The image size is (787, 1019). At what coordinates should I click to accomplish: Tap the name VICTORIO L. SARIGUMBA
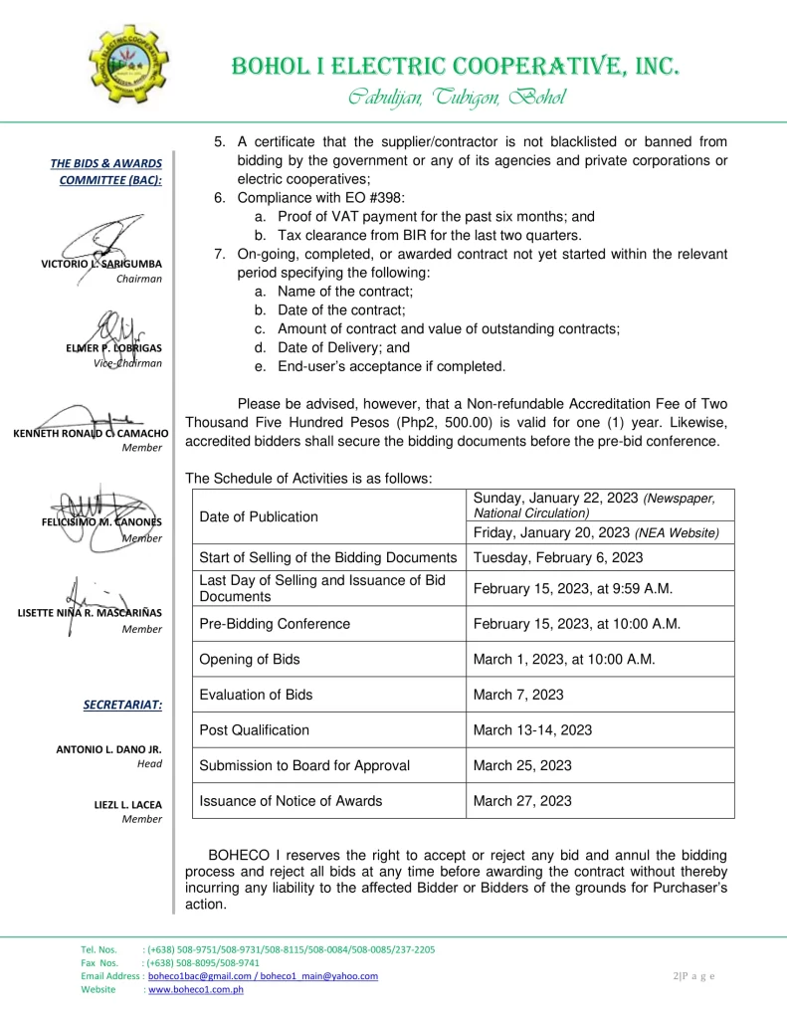click(x=101, y=264)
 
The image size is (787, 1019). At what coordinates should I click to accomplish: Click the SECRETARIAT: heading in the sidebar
click(x=122, y=706)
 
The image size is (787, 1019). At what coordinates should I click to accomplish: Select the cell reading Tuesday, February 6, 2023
click(x=558, y=557)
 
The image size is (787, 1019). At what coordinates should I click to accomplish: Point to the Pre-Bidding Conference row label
click(x=275, y=624)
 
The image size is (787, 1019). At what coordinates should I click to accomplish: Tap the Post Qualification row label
click(x=255, y=729)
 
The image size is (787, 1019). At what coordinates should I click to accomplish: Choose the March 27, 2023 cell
click(x=522, y=800)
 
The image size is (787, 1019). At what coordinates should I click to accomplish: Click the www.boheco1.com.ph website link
click(x=196, y=990)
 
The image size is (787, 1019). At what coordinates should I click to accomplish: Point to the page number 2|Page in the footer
click(x=693, y=976)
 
